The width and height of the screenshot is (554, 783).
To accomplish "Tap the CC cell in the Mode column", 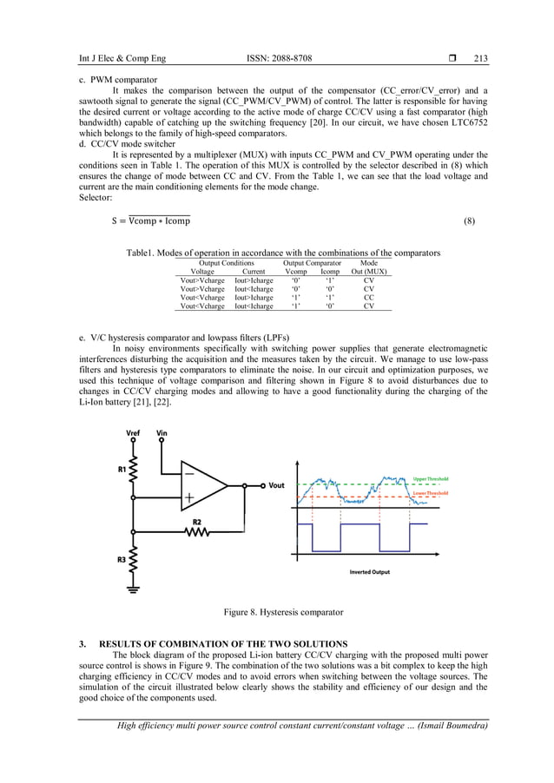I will [369, 297].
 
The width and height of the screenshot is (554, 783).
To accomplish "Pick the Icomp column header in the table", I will [330, 272].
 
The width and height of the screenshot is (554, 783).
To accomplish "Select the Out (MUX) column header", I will [369, 272].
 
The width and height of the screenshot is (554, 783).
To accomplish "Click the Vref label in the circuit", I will [133, 432].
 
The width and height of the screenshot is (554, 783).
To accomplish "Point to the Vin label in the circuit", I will [162, 432].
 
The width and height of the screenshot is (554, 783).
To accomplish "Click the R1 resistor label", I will [121, 469].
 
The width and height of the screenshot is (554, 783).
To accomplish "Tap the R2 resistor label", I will [197, 521].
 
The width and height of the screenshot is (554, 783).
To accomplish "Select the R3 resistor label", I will [121, 559].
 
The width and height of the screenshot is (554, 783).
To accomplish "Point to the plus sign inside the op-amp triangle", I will [188, 499].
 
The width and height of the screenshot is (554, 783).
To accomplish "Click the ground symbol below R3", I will [133, 589].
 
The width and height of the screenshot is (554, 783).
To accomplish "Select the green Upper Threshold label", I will [431, 478].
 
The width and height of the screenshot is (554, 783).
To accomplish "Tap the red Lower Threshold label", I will [431, 492].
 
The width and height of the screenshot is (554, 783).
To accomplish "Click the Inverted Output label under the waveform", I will [369, 572].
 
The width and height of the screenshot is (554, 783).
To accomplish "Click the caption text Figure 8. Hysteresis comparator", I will [283, 613].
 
